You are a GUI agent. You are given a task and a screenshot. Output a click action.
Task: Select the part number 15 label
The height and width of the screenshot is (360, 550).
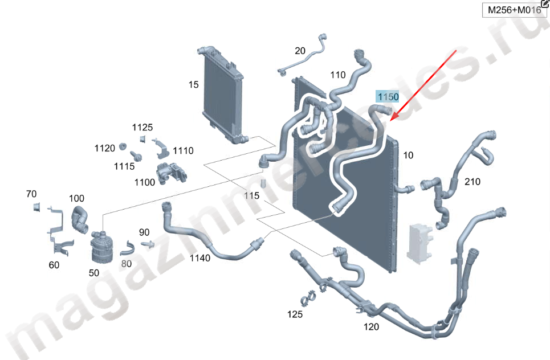194,85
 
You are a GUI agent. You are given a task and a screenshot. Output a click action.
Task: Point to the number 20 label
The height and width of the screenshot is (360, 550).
300,51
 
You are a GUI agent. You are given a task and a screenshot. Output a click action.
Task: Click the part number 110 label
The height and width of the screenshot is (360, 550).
337,75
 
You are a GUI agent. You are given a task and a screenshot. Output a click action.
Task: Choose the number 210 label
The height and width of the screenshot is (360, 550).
472,182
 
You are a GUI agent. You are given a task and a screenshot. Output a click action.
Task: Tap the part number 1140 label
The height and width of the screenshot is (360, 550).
199,258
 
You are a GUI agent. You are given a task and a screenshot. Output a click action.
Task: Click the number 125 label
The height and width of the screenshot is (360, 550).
295,314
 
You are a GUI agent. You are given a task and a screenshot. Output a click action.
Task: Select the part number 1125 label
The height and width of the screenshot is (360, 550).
142,127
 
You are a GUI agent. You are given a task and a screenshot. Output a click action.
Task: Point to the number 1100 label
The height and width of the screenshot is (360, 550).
144,182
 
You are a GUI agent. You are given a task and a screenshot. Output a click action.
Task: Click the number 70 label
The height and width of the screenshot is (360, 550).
31,194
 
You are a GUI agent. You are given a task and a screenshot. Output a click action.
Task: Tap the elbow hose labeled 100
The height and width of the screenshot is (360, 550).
80,220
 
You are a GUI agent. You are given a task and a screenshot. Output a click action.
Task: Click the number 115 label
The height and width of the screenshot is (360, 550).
251,195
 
